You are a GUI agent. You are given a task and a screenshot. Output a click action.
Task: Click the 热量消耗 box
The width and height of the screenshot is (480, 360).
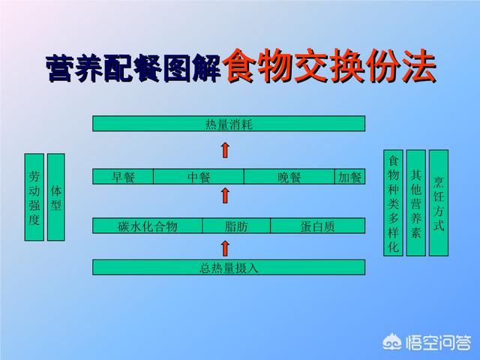229,124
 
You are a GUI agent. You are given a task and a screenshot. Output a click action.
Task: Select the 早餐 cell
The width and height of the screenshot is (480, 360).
123,177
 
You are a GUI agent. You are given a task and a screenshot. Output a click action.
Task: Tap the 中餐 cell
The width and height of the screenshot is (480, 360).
199,177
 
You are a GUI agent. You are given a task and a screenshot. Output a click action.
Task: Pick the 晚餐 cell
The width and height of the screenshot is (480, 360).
289,177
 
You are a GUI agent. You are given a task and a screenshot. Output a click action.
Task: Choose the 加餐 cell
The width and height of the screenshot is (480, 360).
350,177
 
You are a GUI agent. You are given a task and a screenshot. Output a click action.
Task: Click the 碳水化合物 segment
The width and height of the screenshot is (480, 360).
147,226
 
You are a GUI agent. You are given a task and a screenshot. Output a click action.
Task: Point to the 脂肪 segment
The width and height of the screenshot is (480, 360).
236,226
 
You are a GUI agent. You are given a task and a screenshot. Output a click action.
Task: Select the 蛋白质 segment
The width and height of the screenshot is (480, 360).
318,226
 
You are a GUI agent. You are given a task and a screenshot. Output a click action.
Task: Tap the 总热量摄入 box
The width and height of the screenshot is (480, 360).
229,267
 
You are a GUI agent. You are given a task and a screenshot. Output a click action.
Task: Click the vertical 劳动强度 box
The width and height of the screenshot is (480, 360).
34,197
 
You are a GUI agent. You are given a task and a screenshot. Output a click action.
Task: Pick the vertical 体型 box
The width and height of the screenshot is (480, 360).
56,197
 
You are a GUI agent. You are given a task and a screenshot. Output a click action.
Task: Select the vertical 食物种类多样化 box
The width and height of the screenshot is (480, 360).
393,203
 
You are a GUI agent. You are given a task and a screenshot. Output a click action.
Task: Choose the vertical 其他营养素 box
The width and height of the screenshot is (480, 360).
416,203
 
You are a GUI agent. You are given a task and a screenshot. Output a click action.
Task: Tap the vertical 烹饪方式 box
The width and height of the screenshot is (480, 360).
439,203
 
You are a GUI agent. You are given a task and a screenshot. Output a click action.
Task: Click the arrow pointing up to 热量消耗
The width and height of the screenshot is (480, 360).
225,150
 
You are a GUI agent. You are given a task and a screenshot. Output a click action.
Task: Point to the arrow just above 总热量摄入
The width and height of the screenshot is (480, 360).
225,248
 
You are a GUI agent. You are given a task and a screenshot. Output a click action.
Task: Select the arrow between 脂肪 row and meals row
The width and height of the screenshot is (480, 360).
225,196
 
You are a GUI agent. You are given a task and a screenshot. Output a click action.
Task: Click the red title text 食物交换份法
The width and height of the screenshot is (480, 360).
329,65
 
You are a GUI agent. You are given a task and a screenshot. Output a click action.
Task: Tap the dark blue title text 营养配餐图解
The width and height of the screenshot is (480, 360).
133,68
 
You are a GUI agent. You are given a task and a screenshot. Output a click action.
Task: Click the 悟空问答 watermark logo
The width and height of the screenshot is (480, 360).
427,342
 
